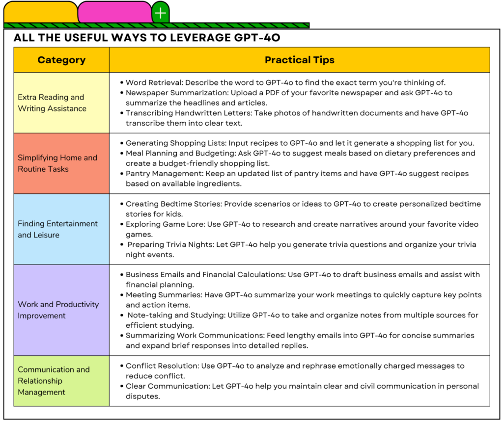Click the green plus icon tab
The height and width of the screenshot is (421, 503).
[x=160, y=13]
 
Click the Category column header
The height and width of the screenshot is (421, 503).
[x=61, y=60]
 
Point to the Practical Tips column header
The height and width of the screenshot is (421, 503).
[x=299, y=60]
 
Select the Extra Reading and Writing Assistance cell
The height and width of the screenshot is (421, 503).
[x=61, y=103]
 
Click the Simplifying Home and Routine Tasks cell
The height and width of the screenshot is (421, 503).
[x=61, y=163]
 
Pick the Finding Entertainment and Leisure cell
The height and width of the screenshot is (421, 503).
[x=61, y=229]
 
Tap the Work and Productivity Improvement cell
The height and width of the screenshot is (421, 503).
[x=61, y=310]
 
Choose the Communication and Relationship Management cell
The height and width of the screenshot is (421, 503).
[x=61, y=381]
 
